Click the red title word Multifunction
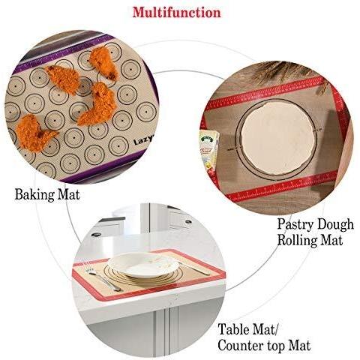[x=176, y=13]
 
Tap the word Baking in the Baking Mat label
[x=34, y=193]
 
